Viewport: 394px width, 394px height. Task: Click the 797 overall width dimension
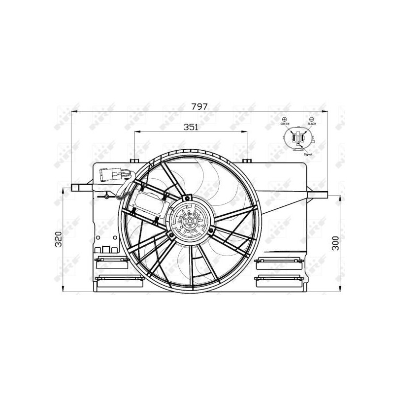tap(199, 106)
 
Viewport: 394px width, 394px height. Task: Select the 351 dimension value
tap(191, 127)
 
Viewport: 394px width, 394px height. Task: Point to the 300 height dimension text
tap(335, 243)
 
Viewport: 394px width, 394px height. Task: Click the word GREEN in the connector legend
tap(285, 124)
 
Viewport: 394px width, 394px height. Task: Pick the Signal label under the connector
tap(308, 154)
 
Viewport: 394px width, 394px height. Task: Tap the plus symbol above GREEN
tap(285, 119)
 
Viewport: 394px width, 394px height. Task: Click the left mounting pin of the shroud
tap(78, 187)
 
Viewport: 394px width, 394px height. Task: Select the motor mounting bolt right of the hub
tap(211, 230)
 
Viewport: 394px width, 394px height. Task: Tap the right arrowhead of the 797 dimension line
tap(325, 111)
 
